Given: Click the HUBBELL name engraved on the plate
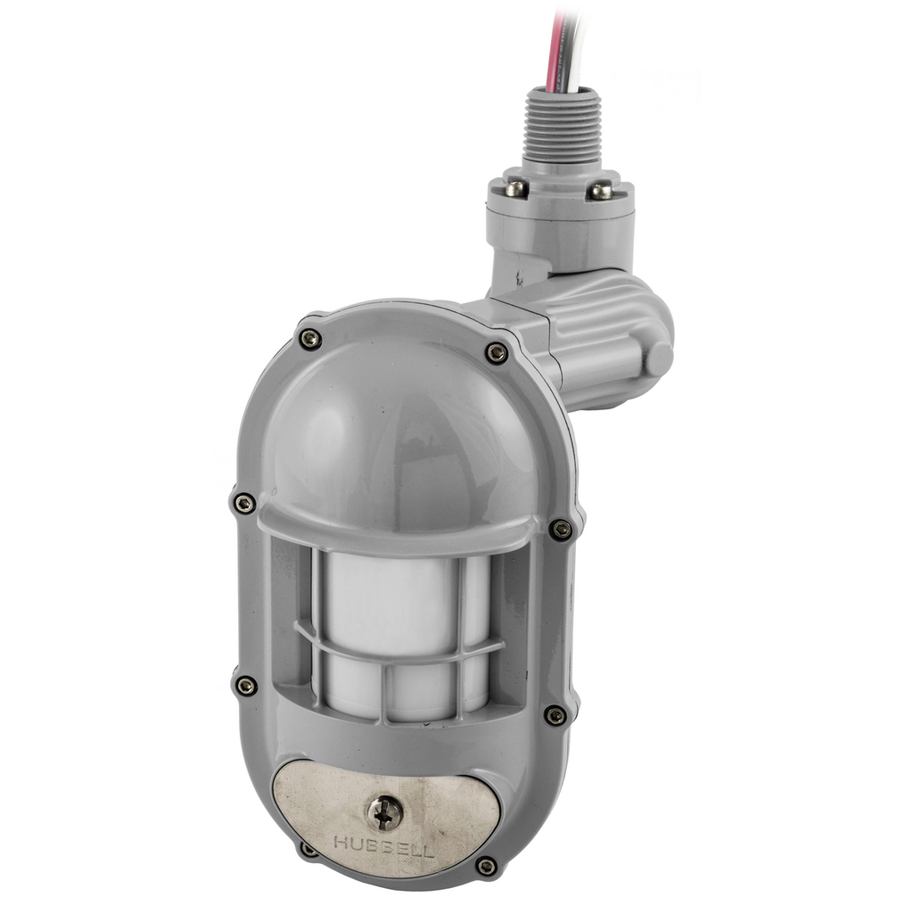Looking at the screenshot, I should click(x=383, y=844).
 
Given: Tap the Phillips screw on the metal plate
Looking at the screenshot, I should click(x=385, y=812).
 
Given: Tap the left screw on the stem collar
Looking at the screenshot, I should click(x=516, y=188).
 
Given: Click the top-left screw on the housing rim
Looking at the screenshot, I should click(x=309, y=339).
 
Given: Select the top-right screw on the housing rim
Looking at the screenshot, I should click(x=497, y=353).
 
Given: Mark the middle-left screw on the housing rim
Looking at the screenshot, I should click(x=243, y=504).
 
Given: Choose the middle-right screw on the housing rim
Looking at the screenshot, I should click(x=560, y=530).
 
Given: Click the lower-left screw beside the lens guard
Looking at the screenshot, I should click(x=245, y=685).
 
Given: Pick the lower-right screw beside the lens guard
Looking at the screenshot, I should click(x=555, y=715).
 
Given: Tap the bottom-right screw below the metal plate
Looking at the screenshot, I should click(x=487, y=866).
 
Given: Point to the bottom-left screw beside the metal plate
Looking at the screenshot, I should click(x=308, y=848).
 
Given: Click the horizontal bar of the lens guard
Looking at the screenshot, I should click(x=401, y=650).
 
